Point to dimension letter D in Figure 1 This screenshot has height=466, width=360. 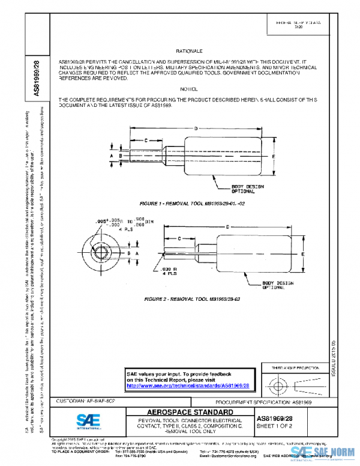(x=196, y=128)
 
